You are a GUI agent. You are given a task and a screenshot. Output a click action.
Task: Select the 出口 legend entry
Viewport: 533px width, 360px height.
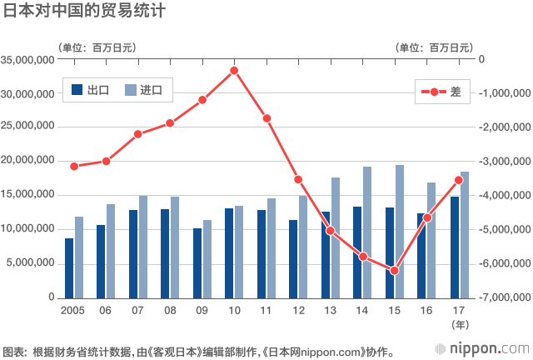click(x=92, y=90)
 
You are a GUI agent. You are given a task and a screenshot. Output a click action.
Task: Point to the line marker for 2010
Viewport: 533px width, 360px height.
click(x=234, y=70)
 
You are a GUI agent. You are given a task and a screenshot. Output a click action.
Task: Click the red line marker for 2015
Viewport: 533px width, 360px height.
click(x=395, y=271)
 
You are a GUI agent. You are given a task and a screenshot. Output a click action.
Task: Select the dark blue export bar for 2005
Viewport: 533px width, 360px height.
click(x=69, y=267)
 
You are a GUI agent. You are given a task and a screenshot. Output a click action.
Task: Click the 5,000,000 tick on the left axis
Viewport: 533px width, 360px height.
click(x=30, y=263)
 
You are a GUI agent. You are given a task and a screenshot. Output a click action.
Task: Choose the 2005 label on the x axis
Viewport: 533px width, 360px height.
click(x=73, y=310)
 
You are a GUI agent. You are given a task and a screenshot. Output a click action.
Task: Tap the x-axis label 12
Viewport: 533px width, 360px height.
click(x=298, y=310)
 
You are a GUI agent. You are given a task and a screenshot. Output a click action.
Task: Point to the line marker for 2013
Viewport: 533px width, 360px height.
click(x=331, y=231)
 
